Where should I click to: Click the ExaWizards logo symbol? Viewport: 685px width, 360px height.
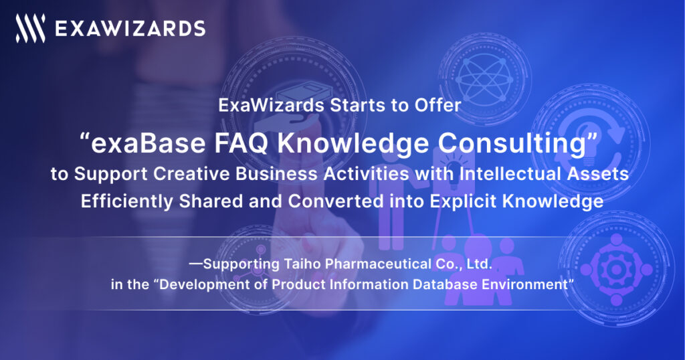[31, 28]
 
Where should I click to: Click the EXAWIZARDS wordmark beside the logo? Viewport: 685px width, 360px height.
[129, 28]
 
